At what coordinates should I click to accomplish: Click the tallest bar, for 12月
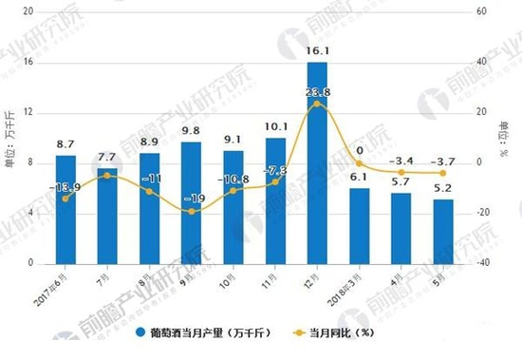click(317, 161)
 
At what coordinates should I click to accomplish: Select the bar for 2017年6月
click(65, 209)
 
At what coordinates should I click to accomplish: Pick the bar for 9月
click(191, 202)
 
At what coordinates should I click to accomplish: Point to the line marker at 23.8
click(317, 104)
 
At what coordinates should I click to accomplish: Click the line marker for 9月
click(191, 211)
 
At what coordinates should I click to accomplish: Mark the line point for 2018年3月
click(359, 163)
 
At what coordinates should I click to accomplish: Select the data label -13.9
click(65, 188)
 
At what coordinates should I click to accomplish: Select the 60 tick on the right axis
click(480, 11)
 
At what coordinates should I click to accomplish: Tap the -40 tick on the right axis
click(482, 263)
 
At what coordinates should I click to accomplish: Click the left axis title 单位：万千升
click(10, 139)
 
